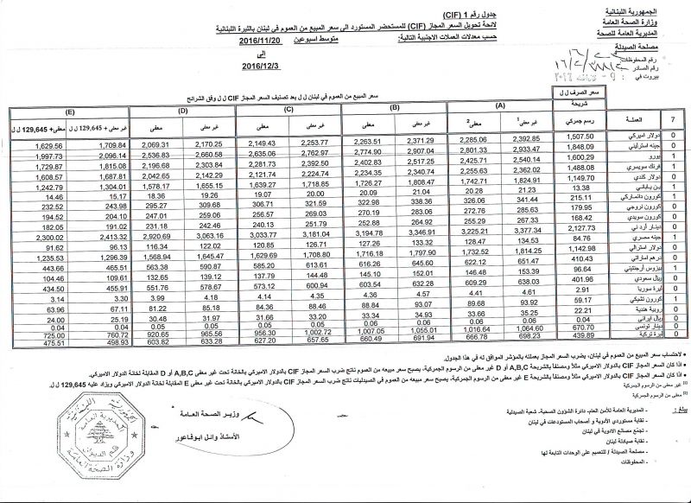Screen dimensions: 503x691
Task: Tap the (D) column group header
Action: click(182, 111)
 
